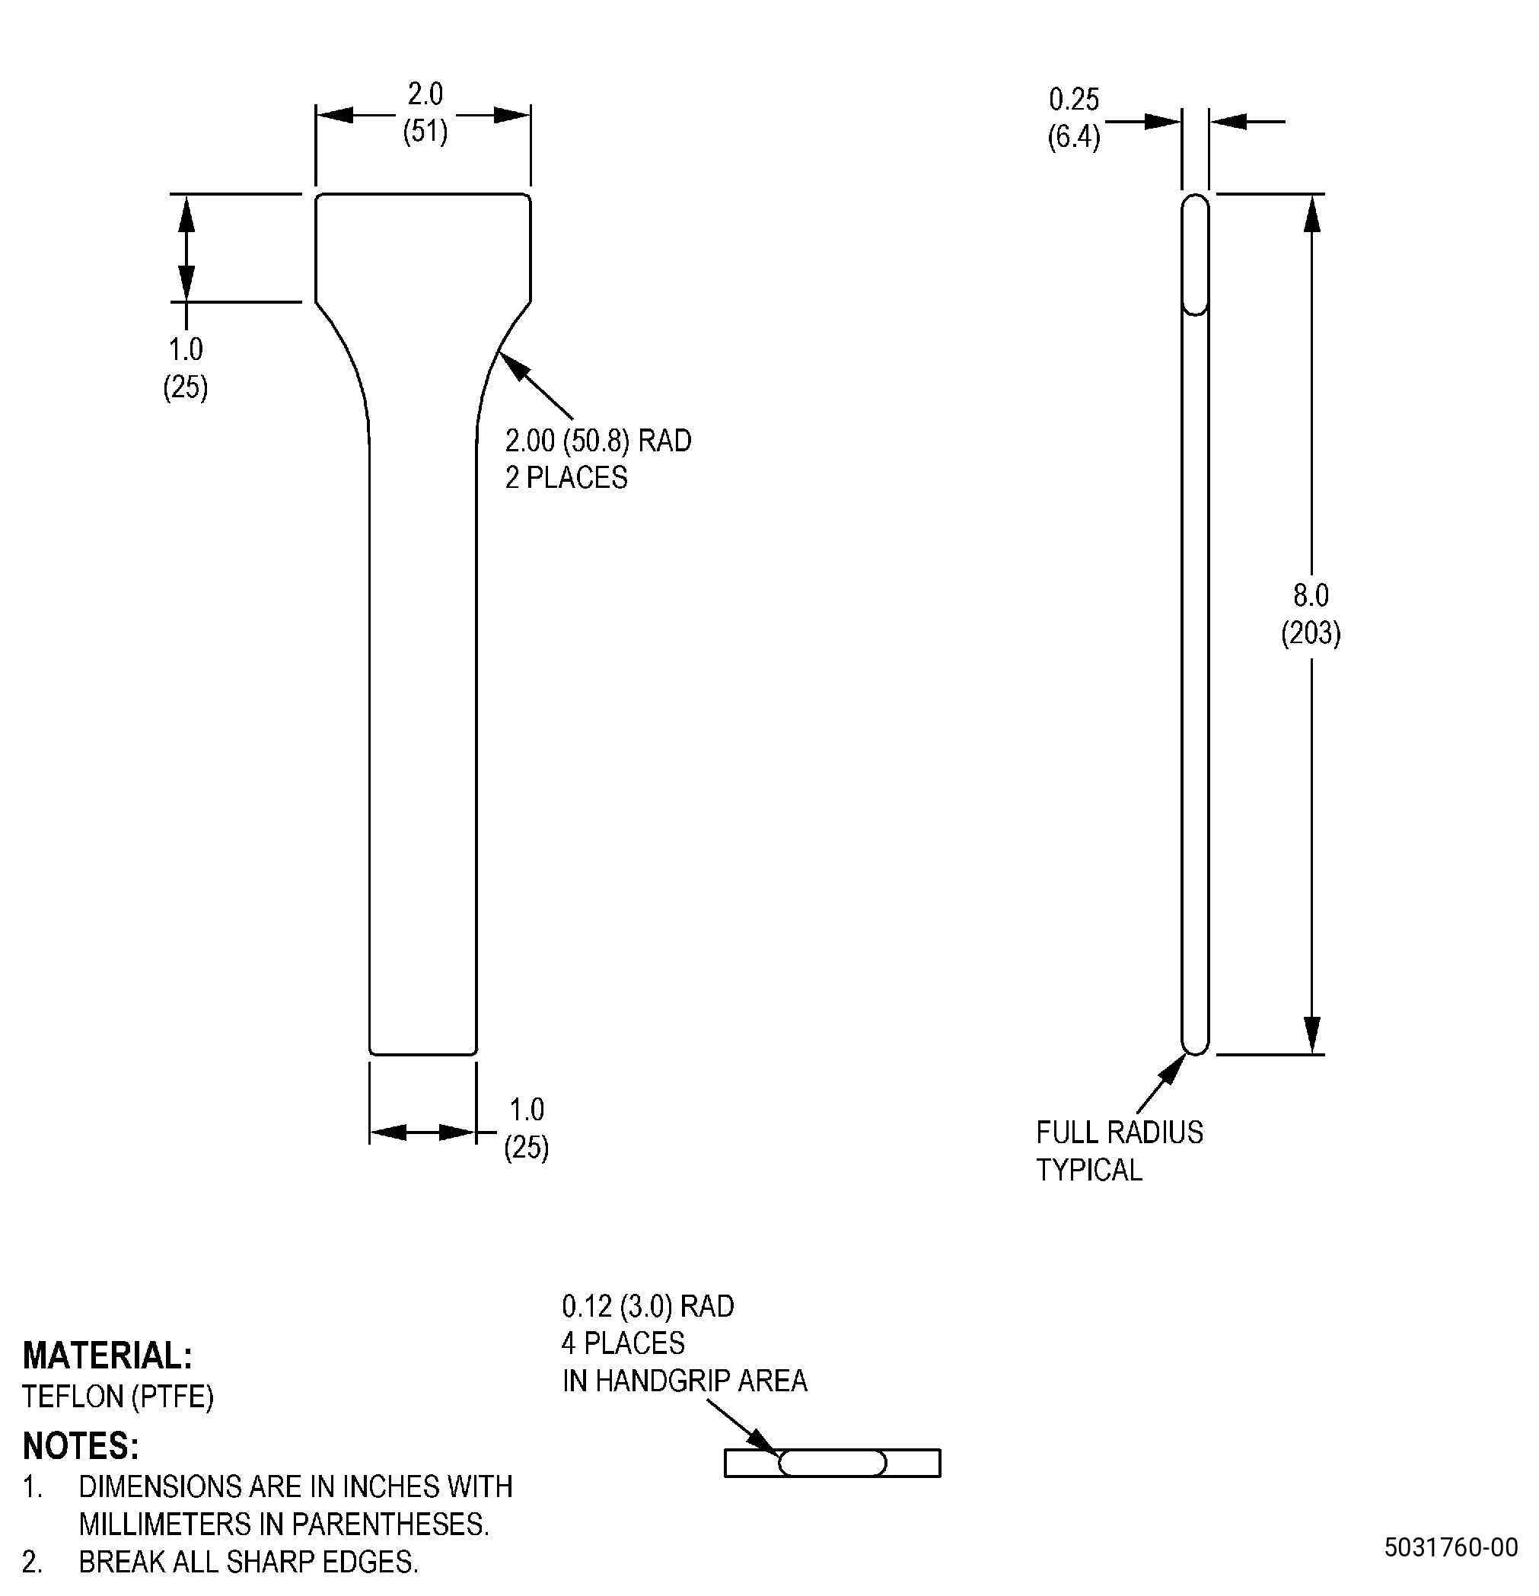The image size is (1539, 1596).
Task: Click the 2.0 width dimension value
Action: click(x=425, y=94)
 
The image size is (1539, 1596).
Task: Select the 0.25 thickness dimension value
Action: click(x=1073, y=100)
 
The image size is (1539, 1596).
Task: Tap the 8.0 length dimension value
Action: click(x=1311, y=595)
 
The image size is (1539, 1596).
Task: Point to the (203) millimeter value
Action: click(x=1311, y=632)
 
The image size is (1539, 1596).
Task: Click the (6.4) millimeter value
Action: click(x=1073, y=137)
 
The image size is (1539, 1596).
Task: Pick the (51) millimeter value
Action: click(x=425, y=131)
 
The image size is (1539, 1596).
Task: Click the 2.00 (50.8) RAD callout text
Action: click(x=597, y=441)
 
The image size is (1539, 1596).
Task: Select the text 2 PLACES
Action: click(x=566, y=477)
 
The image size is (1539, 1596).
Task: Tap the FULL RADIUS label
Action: click(x=1120, y=1132)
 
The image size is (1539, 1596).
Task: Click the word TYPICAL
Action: click(x=1088, y=1170)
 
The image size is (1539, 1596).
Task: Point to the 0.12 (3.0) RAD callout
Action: click(x=648, y=1306)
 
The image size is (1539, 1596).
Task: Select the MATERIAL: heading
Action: click(x=107, y=1355)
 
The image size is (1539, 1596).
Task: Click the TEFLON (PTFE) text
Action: click(x=118, y=1397)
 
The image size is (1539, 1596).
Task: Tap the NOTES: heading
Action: click(x=81, y=1446)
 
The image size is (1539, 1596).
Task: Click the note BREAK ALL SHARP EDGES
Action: click(x=248, y=1562)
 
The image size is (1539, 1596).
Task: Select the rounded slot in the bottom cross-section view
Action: click(x=832, y=1464)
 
